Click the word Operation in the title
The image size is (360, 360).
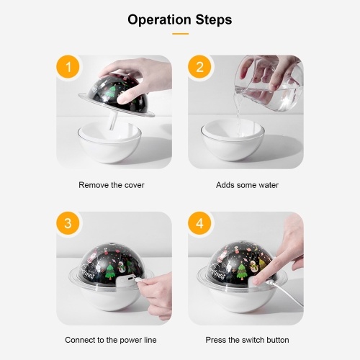coord(159,20)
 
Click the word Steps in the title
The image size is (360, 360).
coord(214,19)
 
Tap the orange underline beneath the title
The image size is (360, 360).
coord(180,34)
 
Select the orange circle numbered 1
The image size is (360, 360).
coord(68,67)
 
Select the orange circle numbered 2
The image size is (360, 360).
coord(199,67)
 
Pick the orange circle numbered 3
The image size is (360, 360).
coord(68,223)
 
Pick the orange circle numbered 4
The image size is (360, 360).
coord(199,223)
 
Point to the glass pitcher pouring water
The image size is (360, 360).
coord(269,84)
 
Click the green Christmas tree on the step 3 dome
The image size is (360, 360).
coord(110,272)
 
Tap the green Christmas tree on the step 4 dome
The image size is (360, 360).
coord(242,272)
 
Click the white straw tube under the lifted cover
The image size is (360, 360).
coord(113,121)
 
